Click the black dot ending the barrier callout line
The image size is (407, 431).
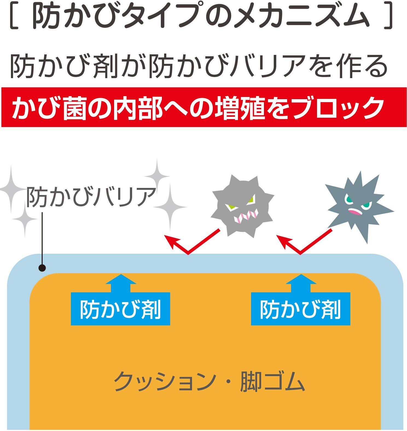tap(42, 268)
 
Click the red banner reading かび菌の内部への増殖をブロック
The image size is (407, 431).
tap(203, 107)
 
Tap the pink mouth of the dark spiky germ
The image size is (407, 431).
tap(356, 212)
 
